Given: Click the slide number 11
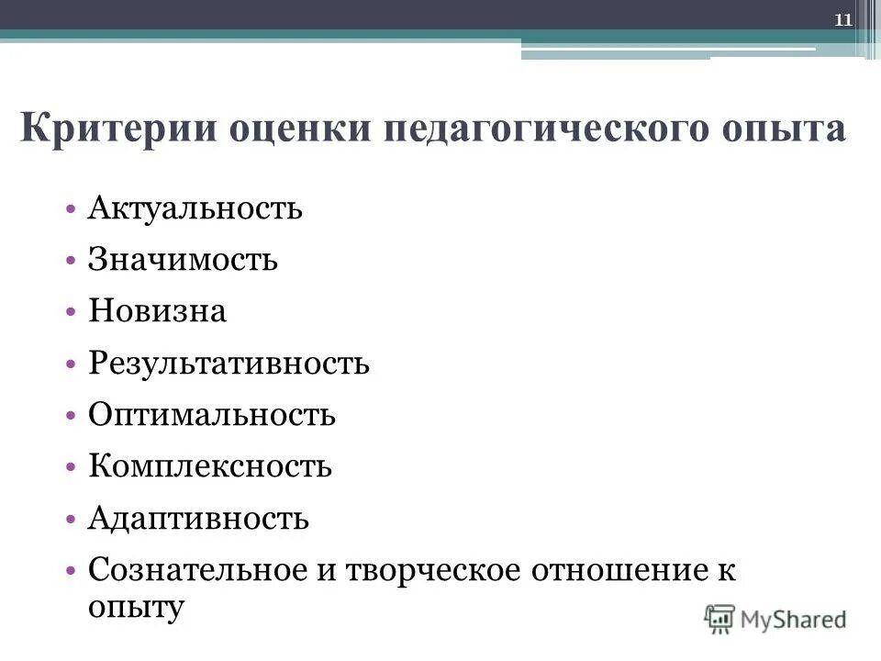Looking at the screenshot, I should click(843, 17).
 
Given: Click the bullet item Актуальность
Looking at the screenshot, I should click(195, 208).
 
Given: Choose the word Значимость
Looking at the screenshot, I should click(183, 260).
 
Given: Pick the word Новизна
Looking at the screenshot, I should click(157, 312).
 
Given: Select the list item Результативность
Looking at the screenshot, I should click(229, 364).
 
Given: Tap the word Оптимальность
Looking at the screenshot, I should click(212, 416).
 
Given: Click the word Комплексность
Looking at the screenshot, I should click(210, 468).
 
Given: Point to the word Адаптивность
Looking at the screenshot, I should click(198, 520).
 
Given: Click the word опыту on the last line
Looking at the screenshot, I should click(137, 606).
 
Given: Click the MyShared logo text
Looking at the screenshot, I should click(794, 618).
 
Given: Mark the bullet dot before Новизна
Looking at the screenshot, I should click(72, 312).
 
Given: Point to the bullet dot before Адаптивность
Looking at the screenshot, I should click(72, 521).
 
